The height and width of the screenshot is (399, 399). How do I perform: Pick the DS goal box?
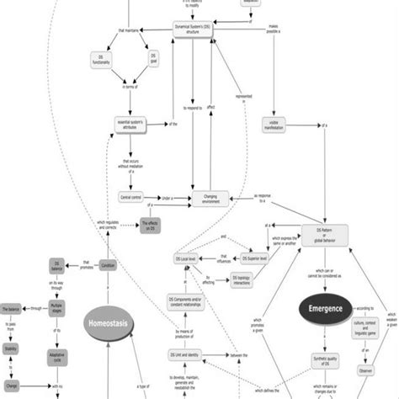(152, 60)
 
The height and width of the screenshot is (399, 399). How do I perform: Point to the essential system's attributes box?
(130, 125)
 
